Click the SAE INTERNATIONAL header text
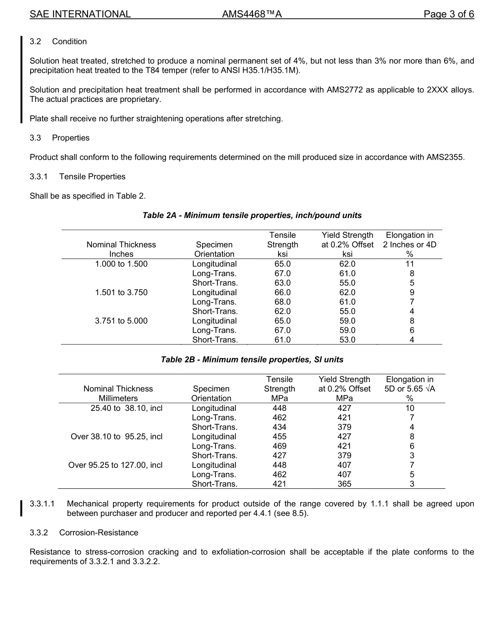80,14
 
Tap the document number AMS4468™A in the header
251,14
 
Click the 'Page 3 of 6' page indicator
448,14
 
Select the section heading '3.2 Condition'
58,41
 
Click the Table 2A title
252,216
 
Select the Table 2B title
252,359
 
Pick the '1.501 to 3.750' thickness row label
121,292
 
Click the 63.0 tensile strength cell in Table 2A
282,283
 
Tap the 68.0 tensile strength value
282,302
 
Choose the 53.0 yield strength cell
347,340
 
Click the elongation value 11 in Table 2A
410,264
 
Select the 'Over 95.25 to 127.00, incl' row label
116,465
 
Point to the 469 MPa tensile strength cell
279,446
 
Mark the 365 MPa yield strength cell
344,484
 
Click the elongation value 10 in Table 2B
410,408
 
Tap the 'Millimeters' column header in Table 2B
118,398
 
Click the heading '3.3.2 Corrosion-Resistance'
84,532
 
